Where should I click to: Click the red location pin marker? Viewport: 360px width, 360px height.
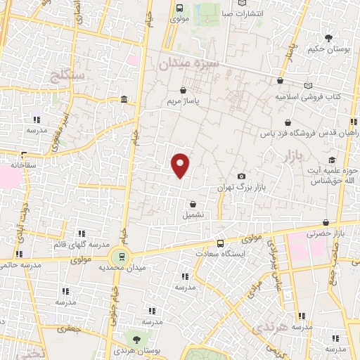click(x=181, y=165)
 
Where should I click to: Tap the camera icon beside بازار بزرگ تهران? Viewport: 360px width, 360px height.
click(x=241, y=176)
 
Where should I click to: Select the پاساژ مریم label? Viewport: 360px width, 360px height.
click(x=184, y=102)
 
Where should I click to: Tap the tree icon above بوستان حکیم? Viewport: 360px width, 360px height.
click(x=327, y=37)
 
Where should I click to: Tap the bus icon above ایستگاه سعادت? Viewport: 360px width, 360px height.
click(x=220, y=243)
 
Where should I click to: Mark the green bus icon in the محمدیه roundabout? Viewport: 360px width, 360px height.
click(x=122, y=257)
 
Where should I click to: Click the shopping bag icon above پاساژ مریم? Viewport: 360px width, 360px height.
click(x=184, y=91)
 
